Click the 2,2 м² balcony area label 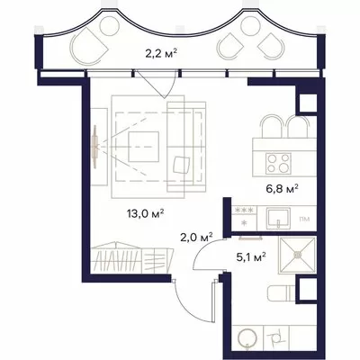click(161, 54)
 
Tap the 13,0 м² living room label click(145, 214)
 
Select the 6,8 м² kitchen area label click(282, 189)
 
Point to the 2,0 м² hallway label click(196, 238)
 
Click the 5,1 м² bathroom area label click(251, 257)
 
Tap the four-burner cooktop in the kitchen click(278, 163)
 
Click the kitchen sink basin click(278, 219)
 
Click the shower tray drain click(298, 255)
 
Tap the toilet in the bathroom click(282, 293)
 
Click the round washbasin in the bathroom click(247, 338)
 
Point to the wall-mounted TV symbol click(95, 147)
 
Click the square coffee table click(144, 147)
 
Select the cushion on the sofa click(182, 165)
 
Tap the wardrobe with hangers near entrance click(131, 257)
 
